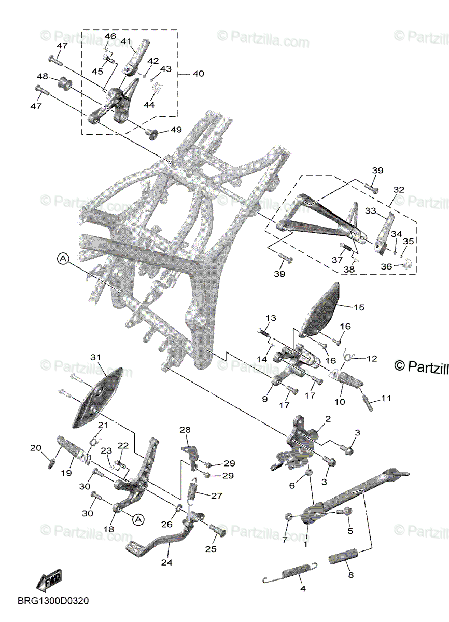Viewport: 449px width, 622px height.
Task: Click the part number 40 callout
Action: pos(198,74)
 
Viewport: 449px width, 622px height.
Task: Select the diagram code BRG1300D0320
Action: pos(53,601)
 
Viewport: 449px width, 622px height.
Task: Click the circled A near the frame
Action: pos(63,259)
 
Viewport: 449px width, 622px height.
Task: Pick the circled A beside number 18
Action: pos(137,518)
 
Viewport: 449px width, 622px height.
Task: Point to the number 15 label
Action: pos(359,307)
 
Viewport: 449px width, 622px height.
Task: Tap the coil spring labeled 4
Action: pos(290,573)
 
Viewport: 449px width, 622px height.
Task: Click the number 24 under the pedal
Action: pos(166,562)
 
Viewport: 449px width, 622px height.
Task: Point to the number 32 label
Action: pos(399,190)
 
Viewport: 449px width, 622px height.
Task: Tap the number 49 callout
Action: pos(176,129)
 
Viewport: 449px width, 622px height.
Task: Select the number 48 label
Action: pos(43,76)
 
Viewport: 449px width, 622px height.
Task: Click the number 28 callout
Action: pos(185,430)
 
